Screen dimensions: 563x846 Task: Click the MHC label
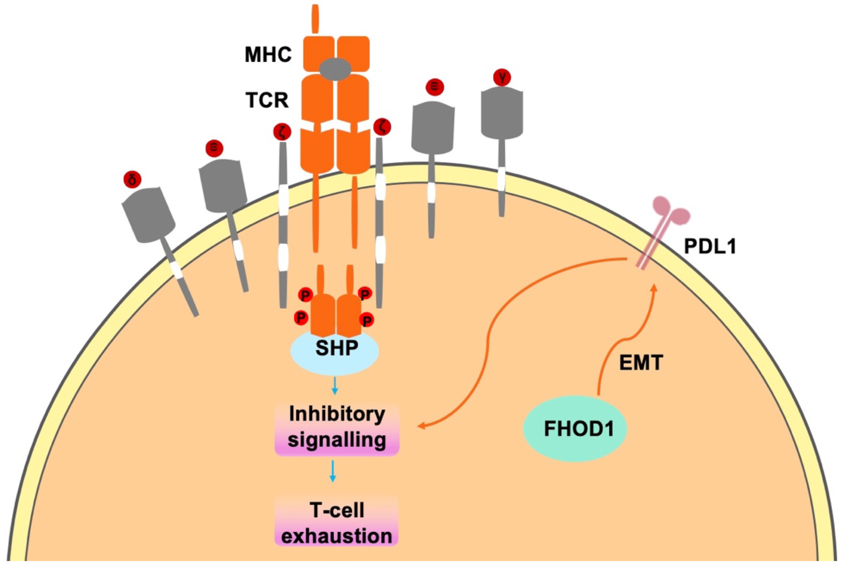[268, 55]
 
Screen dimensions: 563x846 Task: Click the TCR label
[267, 100]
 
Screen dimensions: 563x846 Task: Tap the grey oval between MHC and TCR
[335, 69]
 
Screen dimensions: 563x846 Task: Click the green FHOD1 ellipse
[575, 428]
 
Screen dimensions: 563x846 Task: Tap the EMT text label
[641, 363]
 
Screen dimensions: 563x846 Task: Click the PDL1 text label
[710, 247]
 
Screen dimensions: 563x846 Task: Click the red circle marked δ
[132, 180]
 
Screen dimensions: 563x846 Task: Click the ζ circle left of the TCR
[282, 132]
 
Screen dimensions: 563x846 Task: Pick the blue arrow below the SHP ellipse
[335, 386]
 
